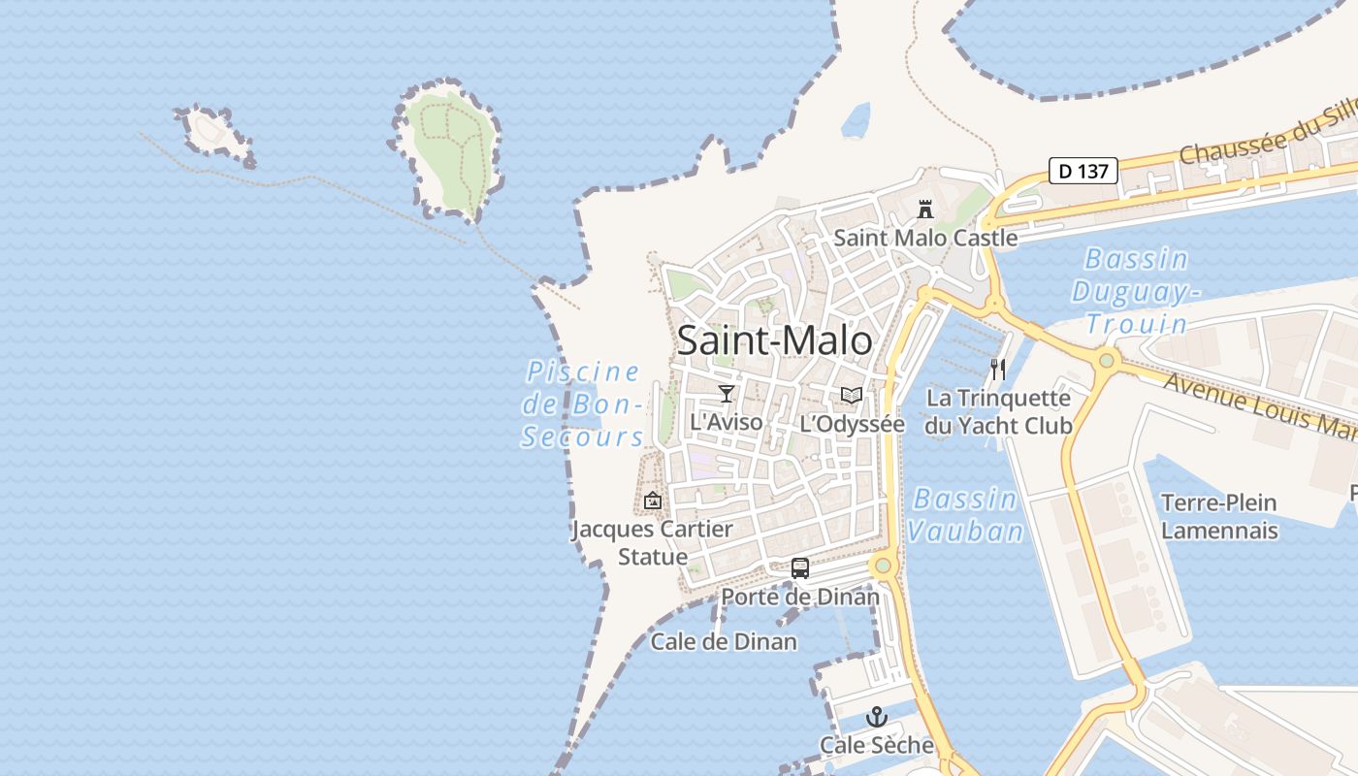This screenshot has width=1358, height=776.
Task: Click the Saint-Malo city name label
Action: pyautogui.click(x=774, y=340)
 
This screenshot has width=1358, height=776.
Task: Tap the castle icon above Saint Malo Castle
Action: pyautogui.click(x=925, y=209)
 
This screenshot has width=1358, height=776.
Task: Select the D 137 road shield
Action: pyautogui.click(x=1083, y=172)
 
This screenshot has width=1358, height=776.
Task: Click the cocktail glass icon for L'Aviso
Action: pyautogui.click(x=727, y=393)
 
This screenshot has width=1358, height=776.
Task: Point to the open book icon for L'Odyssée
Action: pyautogui.click(x=852, y=395)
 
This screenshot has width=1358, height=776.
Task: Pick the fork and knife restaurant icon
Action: pyautogui.click(x=997, y=369)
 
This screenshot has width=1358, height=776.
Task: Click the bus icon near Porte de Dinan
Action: pyautogui.click(x=799, y=568)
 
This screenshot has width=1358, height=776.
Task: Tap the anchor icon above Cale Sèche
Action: pyautogui.click(x=877, y=717)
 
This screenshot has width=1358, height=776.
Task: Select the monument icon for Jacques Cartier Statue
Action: pyautogui.click(x=653, y=501)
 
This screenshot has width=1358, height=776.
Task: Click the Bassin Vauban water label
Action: pyautogui.click(x=965, y=515)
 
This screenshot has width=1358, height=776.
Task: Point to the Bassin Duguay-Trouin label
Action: pyautogui.click(x=1136, y=291)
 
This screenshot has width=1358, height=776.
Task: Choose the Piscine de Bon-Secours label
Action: pyautogui.click(x=583, y=404)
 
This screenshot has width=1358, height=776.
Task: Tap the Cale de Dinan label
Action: pyautogui.click(x=724, y=641)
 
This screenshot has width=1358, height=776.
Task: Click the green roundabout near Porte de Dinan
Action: pyautogui.click(x=883, y=566)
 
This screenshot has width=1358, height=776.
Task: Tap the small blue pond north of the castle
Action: pyautogui.click(x=856, y=121)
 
